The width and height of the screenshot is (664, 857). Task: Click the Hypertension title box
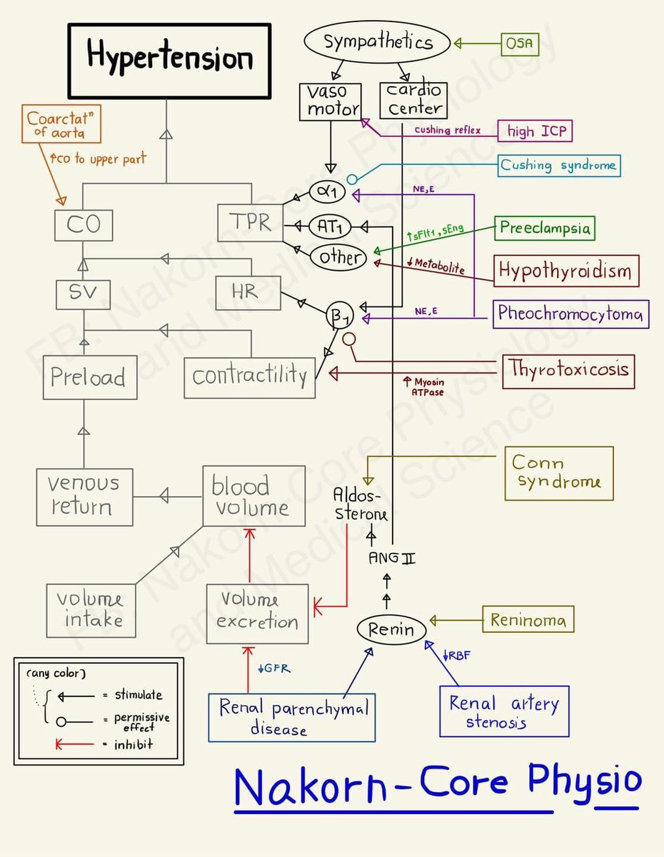pyautogui.click(x=169, y=61)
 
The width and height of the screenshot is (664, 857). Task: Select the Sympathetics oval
pyautogui.click(x=378, y=42)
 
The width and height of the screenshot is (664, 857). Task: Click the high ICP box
pyautogui.click(x=535, y=131)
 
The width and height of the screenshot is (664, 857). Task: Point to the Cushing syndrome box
pyautogui.click(x=558, y=166)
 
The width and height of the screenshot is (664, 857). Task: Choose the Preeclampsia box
pyautogui.click(x=545, y=228)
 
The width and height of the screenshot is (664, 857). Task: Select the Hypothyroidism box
pyautogui.click(x=565, y=271)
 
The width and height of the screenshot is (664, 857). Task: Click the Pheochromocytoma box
pyautogui.click(x=570, y=314)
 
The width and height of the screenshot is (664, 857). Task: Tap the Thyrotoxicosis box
pyautogui.click(x=568, y=369)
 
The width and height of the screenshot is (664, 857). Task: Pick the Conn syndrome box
pyautogui.click(x=558, y=473)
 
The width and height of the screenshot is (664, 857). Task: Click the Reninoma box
pyautogui.click(x=528, y=620)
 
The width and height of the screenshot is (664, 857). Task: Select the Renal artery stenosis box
pyautogui.click(x=504, y=711)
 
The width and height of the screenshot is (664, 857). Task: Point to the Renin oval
pyautogui.click(x=391, y=630)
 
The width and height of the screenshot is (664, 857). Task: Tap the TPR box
pyautogui.click(x=251, y=223)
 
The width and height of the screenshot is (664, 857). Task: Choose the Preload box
pyautogui.click(x=88, y=377)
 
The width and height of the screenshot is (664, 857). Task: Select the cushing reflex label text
pyautogui.click(x=447, y=131)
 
